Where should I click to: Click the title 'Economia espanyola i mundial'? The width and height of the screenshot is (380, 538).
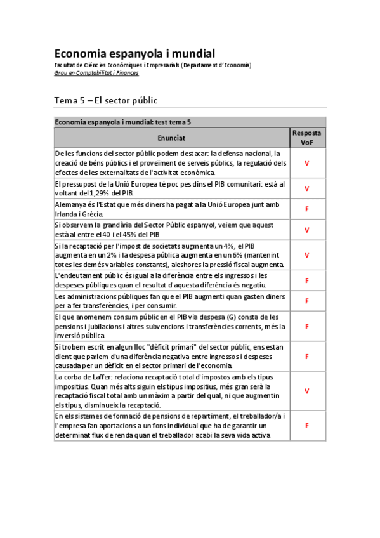(134, 53)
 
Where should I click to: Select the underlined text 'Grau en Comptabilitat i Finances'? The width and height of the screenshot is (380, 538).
(96, 73)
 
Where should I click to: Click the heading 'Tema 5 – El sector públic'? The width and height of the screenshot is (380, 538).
(105, 100)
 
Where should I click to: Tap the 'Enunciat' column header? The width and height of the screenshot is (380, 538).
(171, 138)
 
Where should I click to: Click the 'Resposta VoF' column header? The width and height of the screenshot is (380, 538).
(306, 138)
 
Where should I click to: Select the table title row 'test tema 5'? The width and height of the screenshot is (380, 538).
(123, 122)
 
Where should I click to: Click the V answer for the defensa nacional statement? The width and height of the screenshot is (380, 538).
(306, 163)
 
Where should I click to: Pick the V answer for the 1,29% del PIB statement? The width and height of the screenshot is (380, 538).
(306, 188)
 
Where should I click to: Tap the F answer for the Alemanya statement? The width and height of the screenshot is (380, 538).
(306, 209)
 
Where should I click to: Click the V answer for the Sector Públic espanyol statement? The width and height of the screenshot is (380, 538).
(306, 230)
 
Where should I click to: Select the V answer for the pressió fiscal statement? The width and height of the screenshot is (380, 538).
(306, 255)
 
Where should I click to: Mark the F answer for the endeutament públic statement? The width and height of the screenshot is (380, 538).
(306, 280)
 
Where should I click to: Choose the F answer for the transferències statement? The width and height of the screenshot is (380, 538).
(306, 301)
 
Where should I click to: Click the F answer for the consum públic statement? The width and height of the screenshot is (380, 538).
(306, 326)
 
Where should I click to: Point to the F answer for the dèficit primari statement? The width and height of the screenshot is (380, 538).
(306, 357)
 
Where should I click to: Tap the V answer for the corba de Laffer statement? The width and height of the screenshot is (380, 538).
(306, 391)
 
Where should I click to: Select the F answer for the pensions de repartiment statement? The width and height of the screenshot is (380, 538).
(306, 426)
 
